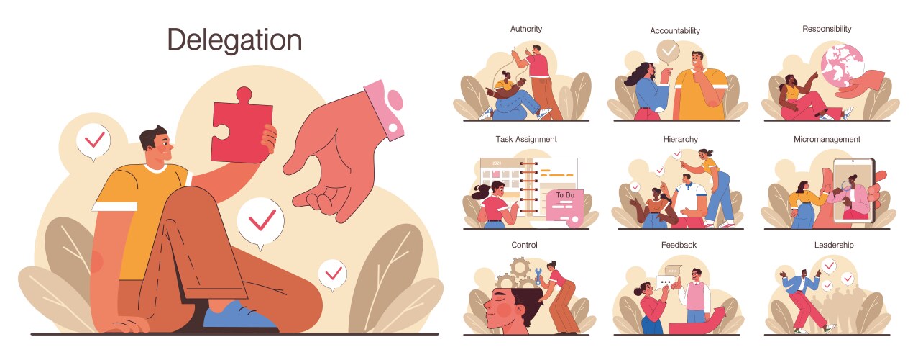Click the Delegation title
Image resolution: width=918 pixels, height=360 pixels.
pos(234,40)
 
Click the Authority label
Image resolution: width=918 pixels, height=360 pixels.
pos(525,29)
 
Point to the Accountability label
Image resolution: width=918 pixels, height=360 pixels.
pos(675,31)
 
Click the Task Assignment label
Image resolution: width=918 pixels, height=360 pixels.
pos(526,139)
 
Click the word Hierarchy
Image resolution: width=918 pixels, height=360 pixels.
pos(680,139)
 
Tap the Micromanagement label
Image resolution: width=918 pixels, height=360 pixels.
pos(827,139)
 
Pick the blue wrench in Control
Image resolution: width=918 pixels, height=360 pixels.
pos(538,276)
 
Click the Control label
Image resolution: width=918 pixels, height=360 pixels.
pos(524,245)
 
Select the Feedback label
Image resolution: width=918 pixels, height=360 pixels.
pos(679,245)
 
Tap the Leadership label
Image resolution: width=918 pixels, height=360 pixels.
pos(834,245)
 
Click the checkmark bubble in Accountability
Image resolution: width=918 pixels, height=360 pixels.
pos(668,52)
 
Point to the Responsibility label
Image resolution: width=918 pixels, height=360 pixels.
pos(827,29)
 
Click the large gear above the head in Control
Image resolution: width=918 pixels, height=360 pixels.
pos(520,268)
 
